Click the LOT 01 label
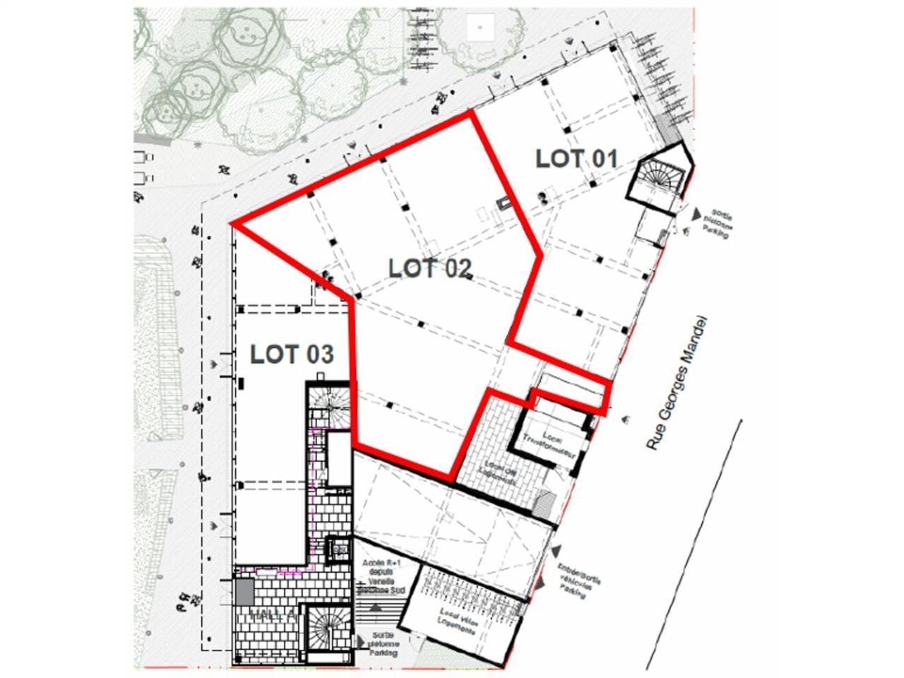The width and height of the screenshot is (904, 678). pyautogui.click(x=576, y=159)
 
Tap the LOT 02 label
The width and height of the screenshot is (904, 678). pyautogui.click(x=429, y=268)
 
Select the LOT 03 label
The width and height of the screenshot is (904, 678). pyautogui.click(x=291, y=354)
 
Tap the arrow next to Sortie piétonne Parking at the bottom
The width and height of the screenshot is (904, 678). pyautogui.click(x=362, y=642)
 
